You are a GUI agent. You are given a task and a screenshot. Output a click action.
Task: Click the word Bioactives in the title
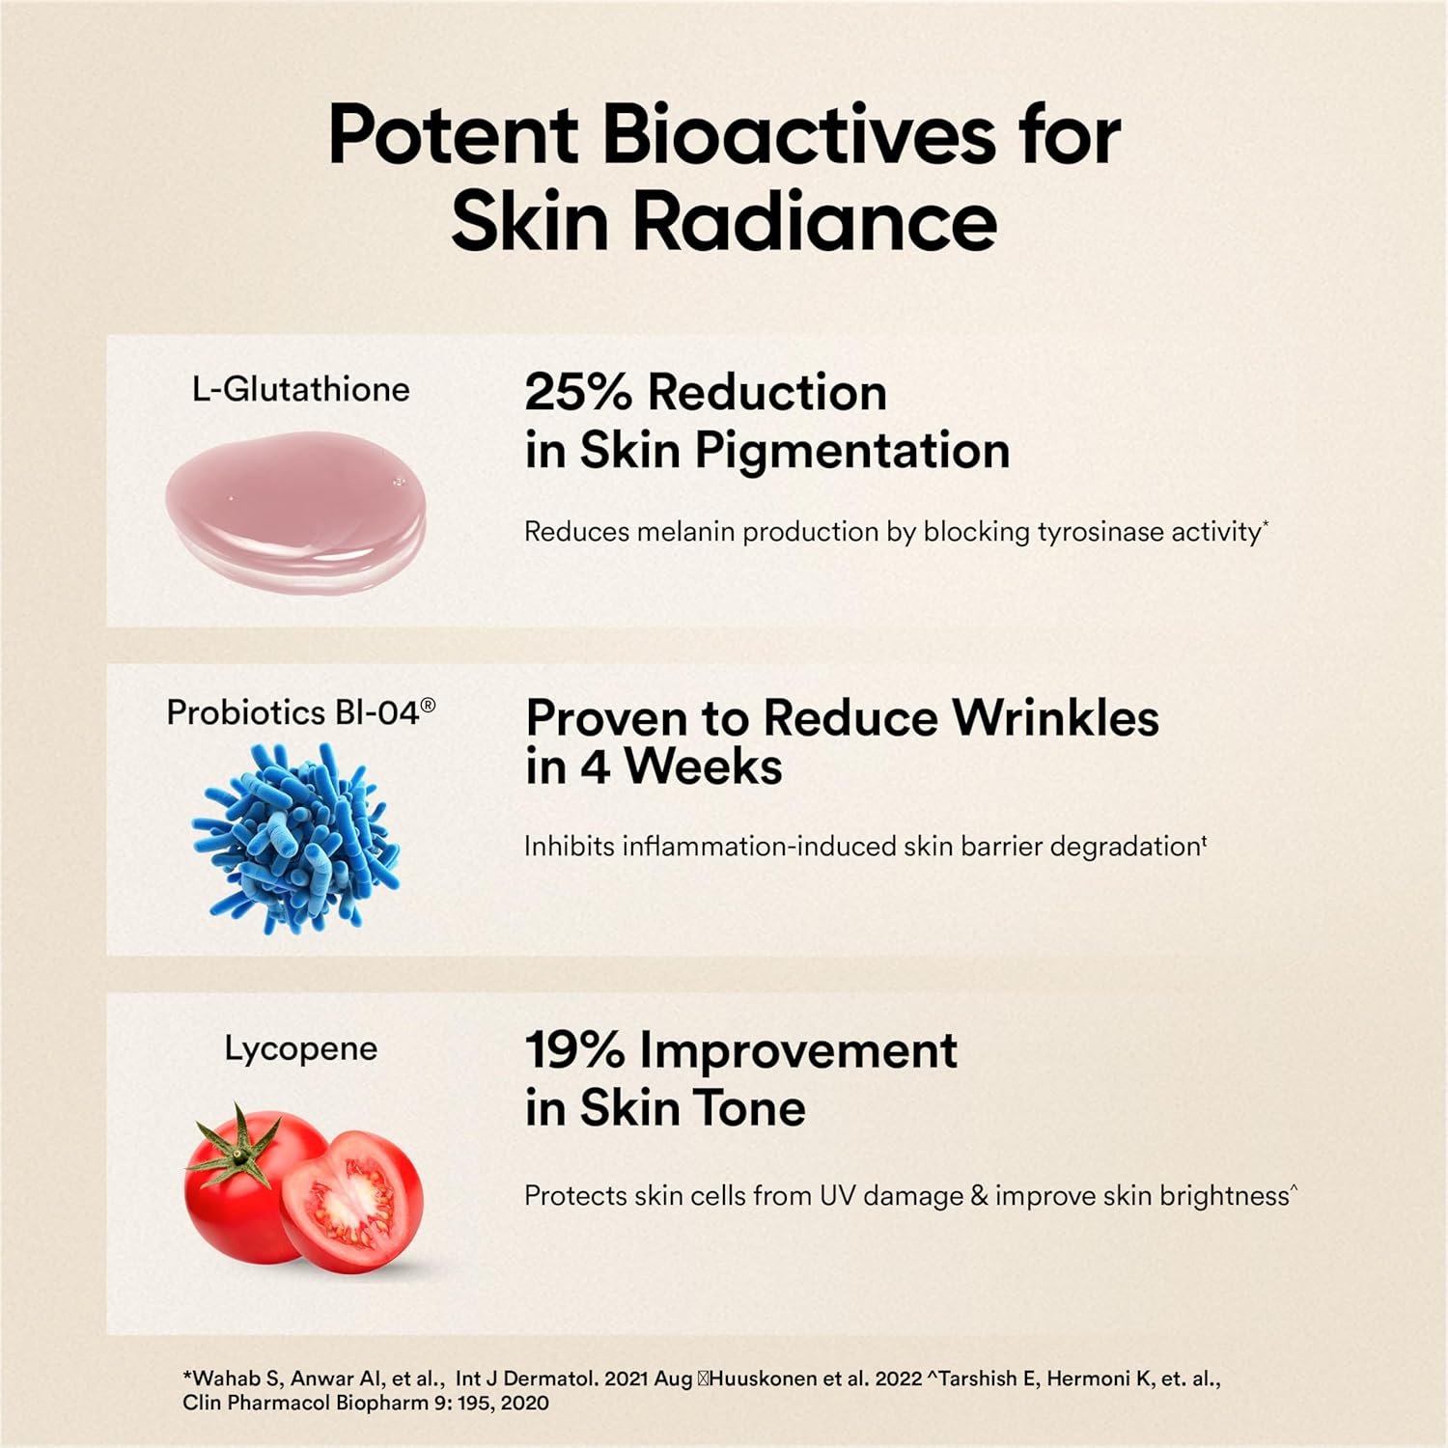[x=798, y=134]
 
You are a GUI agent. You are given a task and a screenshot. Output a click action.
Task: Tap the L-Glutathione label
[x=301, y=389]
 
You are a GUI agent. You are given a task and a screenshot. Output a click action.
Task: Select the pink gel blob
[x=295, y=512]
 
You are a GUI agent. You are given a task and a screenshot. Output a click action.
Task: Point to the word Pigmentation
[x=852, y=451]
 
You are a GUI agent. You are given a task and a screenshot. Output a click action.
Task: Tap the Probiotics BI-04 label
[x=300, y=712]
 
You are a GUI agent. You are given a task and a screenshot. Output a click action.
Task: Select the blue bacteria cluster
[x=296, y=838]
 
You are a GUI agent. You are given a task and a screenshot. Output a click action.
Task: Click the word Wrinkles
[x=1055, y=718]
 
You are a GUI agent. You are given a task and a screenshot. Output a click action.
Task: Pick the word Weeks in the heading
[x=703, y=766]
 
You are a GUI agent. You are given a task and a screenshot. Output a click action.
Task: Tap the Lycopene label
[x=301, y=1048]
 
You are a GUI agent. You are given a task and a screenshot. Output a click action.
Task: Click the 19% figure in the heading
[x=575, y=1050]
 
